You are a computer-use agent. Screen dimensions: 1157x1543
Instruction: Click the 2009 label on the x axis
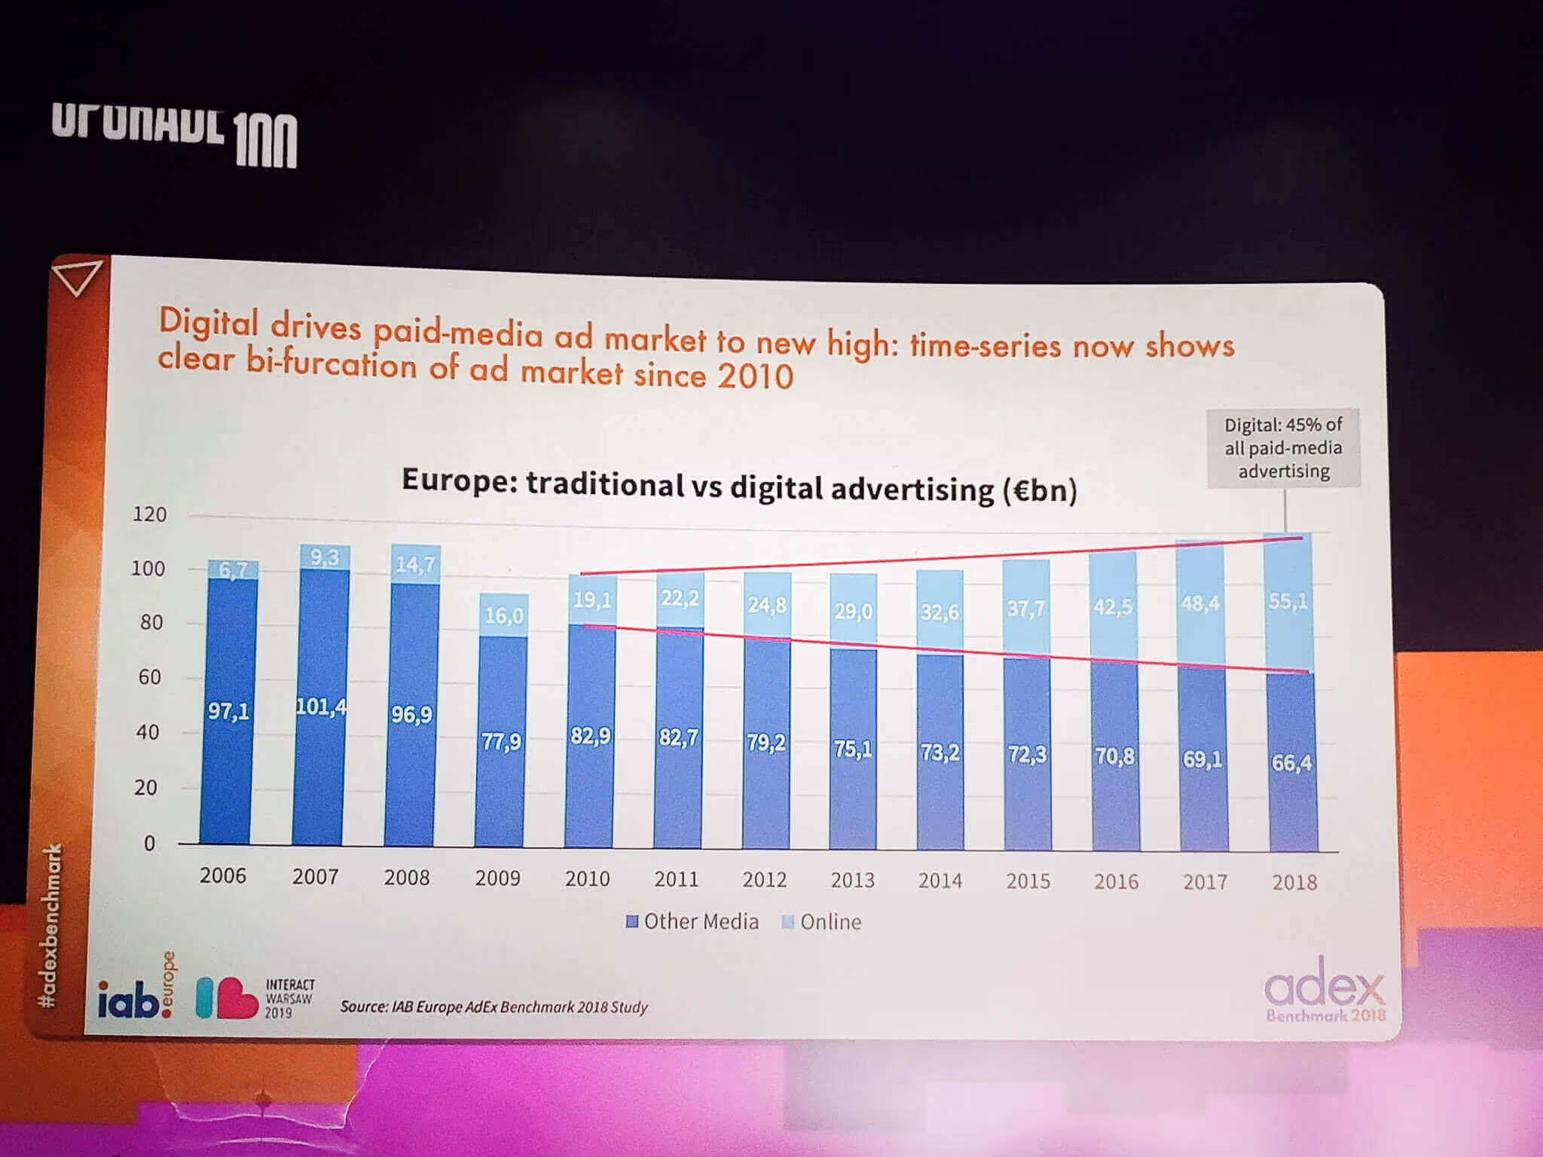tap(497, 878)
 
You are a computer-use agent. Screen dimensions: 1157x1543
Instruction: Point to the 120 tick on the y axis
tap(149, 514)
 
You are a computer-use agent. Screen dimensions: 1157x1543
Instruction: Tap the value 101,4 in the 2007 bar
tap(321, 707)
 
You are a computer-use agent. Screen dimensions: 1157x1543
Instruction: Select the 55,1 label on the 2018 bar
tap(1288, 601)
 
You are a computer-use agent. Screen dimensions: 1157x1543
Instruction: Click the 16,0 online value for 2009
tap(503, 615)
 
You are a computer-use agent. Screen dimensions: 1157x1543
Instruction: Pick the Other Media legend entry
tap(692, 921)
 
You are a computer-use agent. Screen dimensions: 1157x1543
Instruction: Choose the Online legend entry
tap(822, 922)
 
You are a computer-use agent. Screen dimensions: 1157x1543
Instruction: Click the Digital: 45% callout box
tap(1283, 448)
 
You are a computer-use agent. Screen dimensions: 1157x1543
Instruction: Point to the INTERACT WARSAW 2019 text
tap(289, 998)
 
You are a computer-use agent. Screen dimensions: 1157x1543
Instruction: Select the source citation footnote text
tap(493, 1007)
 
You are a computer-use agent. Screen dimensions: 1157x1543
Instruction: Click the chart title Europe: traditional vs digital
tap(738, 486)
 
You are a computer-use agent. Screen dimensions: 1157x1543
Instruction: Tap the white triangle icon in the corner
tap(78, 277)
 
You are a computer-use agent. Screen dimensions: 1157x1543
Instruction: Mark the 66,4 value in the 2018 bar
tap(1291, 763)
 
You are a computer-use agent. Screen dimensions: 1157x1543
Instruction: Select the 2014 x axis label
tap(940, 881)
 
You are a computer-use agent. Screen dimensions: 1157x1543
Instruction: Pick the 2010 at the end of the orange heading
tap(755, 376)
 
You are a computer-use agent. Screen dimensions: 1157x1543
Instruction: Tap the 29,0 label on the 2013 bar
tap(853, 611)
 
